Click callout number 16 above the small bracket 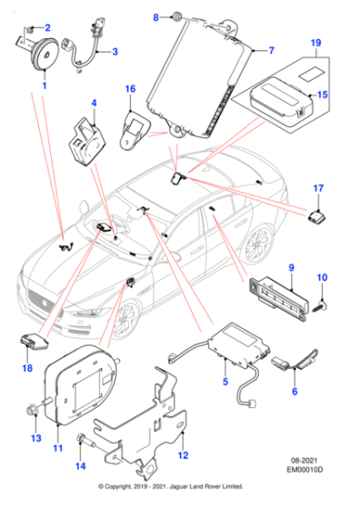129,89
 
